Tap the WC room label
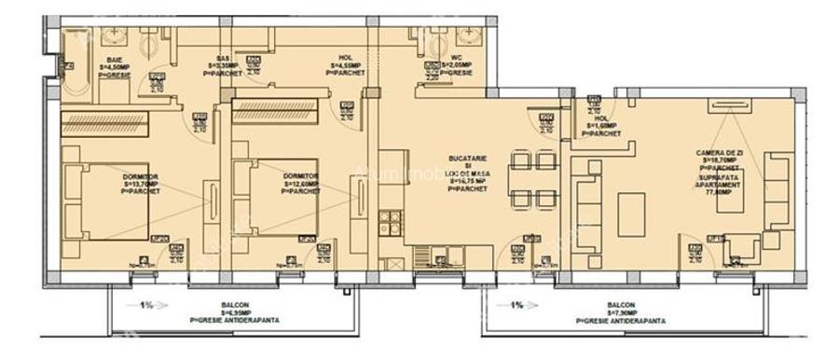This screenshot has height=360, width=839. (x=457, y=65)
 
